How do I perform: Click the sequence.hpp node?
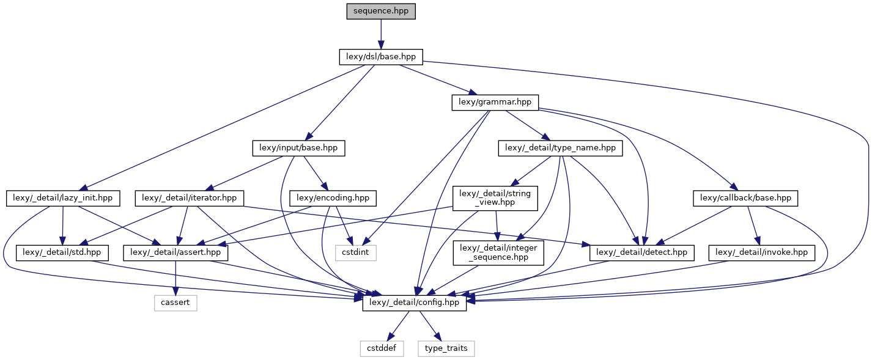pos(380,11)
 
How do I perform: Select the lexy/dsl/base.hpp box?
pos(380,57)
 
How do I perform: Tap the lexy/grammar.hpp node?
pos(495,103)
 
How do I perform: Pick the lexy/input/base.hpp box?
pos(298,148)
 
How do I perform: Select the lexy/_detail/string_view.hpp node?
pos(495,198)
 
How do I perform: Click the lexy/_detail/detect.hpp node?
pos(641,252)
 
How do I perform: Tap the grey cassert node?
pos(175,303)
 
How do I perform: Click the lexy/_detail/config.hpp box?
pos(415,303)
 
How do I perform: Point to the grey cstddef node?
pos(381,348)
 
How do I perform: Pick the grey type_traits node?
pos(446,348)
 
